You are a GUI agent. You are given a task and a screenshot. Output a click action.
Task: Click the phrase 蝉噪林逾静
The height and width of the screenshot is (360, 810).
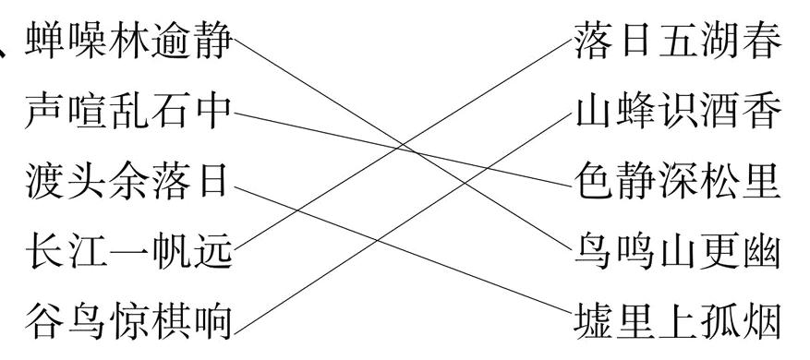coord(128,42)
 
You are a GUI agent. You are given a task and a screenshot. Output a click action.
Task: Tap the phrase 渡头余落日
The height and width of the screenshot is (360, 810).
coord(128,182)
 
